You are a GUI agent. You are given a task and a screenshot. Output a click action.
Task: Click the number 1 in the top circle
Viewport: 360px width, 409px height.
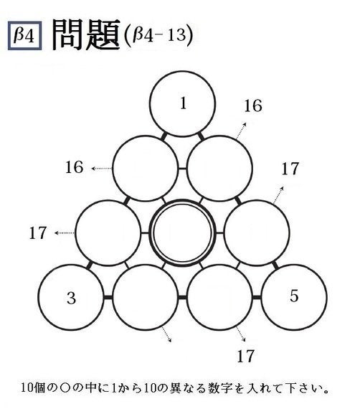(x=184, y=103)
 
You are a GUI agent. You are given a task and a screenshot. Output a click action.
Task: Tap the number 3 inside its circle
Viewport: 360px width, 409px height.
(x=71, y=298)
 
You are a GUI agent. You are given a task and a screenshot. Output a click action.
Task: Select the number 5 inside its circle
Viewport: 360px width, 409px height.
(x=294, y=296)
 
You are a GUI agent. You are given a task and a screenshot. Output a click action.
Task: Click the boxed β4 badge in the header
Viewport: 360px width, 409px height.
(x=25, y=35)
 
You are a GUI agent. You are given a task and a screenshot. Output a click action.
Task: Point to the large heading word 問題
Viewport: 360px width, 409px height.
(x=86, y=35)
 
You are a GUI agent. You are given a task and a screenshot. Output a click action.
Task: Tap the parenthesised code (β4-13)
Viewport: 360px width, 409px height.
(x=158, y=35)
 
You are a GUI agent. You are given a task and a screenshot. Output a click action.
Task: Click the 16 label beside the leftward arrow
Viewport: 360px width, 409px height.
(x=74, y=167)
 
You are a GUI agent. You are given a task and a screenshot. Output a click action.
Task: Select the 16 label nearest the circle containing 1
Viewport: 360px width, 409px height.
(x=253, y=106)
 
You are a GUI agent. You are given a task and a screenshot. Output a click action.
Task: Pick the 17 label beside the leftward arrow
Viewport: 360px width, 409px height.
(x=38, y=233)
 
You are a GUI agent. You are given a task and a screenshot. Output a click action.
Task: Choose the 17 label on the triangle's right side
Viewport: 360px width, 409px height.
(x=290, y=169)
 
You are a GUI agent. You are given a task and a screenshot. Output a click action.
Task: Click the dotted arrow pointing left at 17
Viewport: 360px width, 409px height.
(x=65, y=232)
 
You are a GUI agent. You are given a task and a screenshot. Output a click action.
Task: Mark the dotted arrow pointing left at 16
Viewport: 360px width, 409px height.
(x=102, y=169)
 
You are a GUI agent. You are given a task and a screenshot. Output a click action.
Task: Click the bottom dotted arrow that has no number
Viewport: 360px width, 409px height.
(x=166, y=334)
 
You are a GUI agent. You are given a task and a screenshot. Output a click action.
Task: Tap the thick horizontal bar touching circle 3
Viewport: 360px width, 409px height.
(x=108, y=297)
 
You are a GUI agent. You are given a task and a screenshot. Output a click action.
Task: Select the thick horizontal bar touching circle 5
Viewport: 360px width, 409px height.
(x=257, y=297)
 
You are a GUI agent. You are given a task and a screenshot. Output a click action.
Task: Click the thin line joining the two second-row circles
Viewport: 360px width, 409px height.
(x=182, y=169)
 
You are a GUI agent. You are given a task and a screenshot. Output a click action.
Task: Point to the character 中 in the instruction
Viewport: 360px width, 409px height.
(x=91, y=388)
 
